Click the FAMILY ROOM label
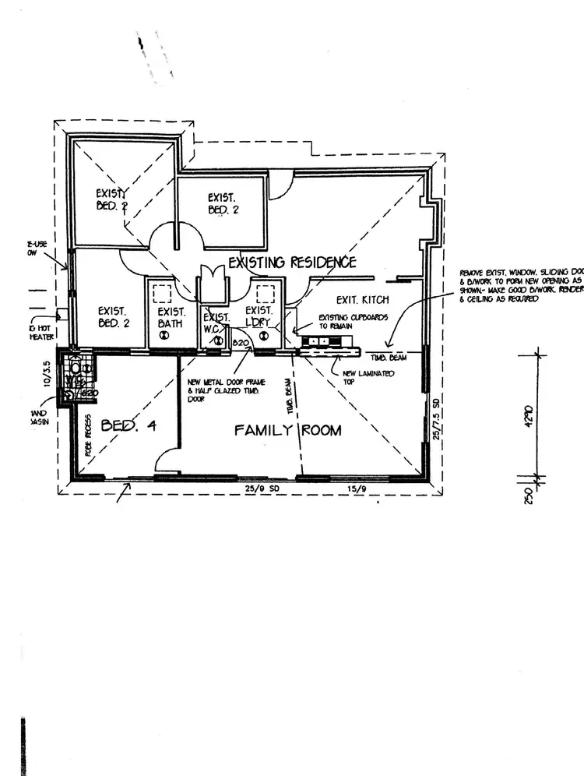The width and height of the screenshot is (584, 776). point(288,430)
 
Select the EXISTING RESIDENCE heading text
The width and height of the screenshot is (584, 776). point(292,262)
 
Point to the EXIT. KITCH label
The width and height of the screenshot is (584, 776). point(362,300)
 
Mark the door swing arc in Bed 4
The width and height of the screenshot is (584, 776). point(165,460)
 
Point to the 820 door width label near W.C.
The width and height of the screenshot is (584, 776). point(240,343)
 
